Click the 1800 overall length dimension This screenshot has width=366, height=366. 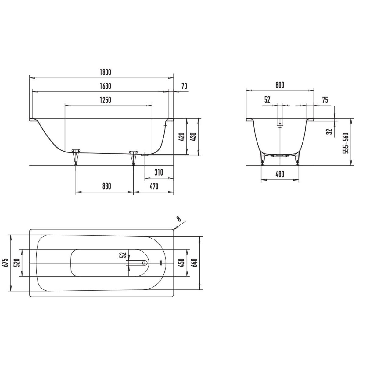[105, 72]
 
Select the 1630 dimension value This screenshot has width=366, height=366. [105, 86]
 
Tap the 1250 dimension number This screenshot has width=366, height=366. [105, 100]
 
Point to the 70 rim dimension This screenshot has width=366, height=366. [184, 86]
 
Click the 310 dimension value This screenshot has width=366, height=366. [159, 172]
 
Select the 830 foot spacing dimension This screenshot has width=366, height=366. [106, 186]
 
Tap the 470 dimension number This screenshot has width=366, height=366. [154, 186]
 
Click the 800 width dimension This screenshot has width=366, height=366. [280, 85]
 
